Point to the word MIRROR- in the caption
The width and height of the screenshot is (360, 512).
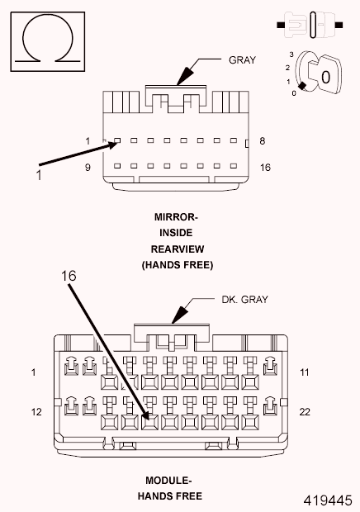point(177,217)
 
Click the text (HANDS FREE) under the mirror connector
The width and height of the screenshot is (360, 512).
point(177,265)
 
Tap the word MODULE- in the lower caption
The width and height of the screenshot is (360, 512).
point(168,481)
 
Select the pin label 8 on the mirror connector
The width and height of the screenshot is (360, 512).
point(263,141)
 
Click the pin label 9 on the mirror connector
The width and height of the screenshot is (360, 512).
point(88,167)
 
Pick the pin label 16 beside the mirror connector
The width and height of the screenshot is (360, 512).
point(265,167)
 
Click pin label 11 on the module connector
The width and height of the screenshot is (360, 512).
point(305,372)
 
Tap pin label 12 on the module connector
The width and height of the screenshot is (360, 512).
point(36,410)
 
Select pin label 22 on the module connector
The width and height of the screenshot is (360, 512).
point(305,410)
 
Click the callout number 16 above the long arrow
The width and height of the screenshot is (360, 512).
point(69,276)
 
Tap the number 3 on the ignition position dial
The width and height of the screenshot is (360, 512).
point(291,54)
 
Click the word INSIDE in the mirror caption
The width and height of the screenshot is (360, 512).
point(177,233)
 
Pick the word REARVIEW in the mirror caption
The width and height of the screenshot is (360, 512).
point(177,249)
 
